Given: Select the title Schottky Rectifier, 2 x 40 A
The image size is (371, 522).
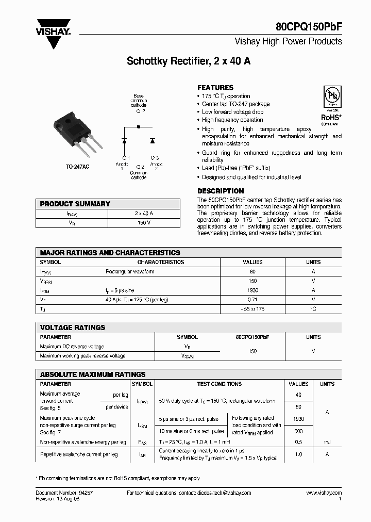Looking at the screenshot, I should [189, 61].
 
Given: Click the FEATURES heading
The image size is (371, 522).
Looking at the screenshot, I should [215, 88].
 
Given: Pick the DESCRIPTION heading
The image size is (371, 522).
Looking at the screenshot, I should [221, 191].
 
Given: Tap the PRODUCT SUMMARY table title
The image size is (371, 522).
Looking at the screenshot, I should [75, 204].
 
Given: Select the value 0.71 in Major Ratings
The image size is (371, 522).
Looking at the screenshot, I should [252, 299].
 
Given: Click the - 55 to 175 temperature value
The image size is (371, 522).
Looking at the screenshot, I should [252, 308].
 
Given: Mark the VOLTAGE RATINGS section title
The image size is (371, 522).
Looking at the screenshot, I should [73, 328].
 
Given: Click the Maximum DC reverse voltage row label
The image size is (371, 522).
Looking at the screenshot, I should [72, 347].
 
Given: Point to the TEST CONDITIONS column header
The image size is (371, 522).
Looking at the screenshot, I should [219, 384].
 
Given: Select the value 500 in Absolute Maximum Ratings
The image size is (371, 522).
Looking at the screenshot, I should [299, 431].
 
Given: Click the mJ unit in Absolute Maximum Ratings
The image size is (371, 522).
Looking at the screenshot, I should [327, 442].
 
